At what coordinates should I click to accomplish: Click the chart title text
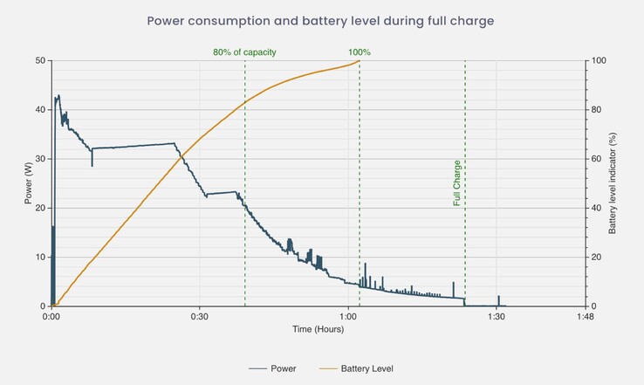tap(322, 19)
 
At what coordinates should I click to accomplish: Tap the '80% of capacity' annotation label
tap(244, 52)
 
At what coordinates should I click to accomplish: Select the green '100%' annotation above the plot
tap(360, 52)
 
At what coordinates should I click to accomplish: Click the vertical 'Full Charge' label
tap(456, 182)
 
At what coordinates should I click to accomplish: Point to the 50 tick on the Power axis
tap(39, 61)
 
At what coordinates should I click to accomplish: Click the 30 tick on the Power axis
tap(39, 159)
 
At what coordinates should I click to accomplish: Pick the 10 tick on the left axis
tap(39, 258)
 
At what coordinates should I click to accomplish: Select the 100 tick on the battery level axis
tap(599, 61)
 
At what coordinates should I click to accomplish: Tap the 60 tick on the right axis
tap(597, 159)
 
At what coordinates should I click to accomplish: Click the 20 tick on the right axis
tap(597, 258)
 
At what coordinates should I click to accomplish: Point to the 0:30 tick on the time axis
tap(199, 317)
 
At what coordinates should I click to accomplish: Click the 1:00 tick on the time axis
tap(348, 317)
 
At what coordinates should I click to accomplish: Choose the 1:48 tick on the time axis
tap(586, 317)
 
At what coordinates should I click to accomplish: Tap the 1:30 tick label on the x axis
tap(497, 317)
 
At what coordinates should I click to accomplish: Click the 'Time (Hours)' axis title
tap(318, 330)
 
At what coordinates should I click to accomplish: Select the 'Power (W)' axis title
tap(29, 183)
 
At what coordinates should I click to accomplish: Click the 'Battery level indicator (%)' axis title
tap(613, 183)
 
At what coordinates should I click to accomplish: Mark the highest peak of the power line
tap(58, 95)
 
